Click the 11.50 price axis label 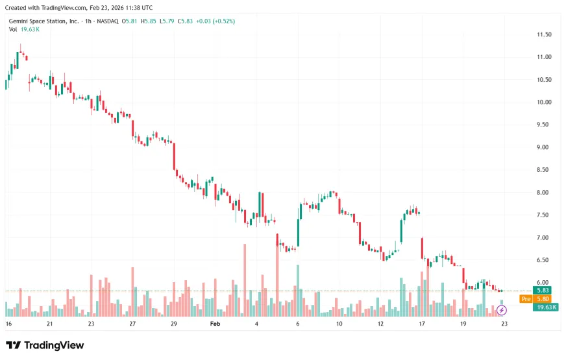(x=544, y=34)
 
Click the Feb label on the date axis (x=215, y=324)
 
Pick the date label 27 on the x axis (x=132, y=324)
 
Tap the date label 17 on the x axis (x=422, y=324)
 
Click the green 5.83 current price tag (x=543, y=291)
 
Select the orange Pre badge (x=526, y=298)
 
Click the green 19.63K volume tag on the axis (x=546, y=307)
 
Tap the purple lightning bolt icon (x=501, y=310)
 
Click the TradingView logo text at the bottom (x=54, y=345)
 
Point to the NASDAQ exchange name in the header (x=108, y=21)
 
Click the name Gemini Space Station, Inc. (x=43, y=21)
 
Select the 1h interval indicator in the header (x=88, y=21)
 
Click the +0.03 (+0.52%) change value (x=215, y=21)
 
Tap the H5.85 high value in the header (x=149, y=21)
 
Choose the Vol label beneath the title (x=13, y=30)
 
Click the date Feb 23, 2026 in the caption (x=108, y=8)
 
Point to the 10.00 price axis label (x=544, y=102)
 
